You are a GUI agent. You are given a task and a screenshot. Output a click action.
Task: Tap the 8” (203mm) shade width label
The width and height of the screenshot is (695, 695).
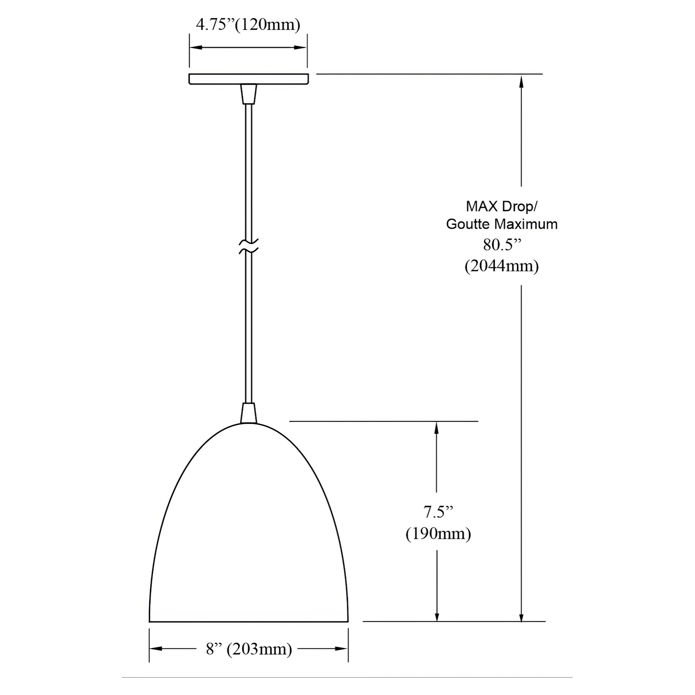[x=249, y=649]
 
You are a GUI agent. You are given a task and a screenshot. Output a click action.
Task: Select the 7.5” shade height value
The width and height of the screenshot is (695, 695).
[x=438, y=512]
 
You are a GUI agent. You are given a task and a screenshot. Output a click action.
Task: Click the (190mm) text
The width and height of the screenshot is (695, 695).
[x=438, y=534]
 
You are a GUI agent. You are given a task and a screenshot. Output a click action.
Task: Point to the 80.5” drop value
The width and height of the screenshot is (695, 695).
[x=502, y=245]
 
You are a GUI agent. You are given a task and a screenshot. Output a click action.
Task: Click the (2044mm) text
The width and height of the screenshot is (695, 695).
[x=502, y=266]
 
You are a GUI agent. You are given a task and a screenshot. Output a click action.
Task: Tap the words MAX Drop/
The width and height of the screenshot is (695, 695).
[x=502, y=207]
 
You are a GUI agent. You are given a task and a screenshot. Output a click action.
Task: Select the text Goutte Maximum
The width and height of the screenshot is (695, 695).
[x=502, y=224]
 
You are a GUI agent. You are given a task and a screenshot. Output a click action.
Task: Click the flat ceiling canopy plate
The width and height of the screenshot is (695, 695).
[x=249, y=79]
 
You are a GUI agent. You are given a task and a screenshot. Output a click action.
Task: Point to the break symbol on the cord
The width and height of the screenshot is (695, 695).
[x=249, y=246]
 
